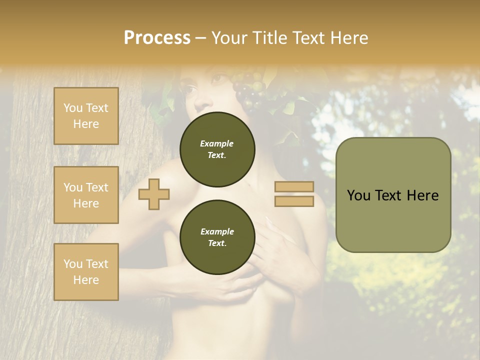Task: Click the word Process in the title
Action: [x=157, y=37]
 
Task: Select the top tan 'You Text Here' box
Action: [x=86, y=116]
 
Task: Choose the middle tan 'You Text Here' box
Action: [x=86, y=195]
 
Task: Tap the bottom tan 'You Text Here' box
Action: [x=86, y=272]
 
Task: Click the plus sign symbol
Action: [x=154, y=194]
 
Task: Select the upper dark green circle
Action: [x=217, y=149]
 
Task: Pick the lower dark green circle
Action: [x=217, y=237]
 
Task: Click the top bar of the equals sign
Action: [x=294, y=187]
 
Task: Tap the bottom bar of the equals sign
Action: [x=294, y=201]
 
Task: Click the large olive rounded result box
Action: [x=393, y=194]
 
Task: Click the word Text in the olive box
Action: [x=392, y=195]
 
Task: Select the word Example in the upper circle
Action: [x=217, y=143]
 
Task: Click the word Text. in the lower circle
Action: [x=217, y=243]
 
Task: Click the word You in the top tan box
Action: [x=72, y=108]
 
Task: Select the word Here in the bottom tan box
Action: [x=86, y=280]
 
